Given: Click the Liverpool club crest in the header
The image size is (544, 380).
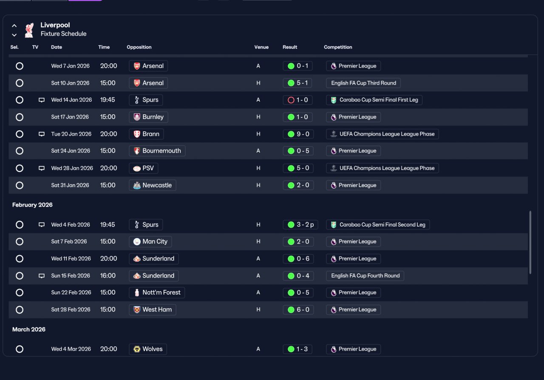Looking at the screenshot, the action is [x=29, y=30].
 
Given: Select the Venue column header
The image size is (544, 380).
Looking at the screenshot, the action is [x=261, y=47].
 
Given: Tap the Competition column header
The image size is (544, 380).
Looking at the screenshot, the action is [x=338, y=47].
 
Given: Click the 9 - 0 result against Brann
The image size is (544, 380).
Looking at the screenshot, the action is [x=298, y=134].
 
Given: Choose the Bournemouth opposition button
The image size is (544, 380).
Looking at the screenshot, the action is [x=157, y=151].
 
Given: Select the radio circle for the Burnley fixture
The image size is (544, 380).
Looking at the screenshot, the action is [x=20, y=117].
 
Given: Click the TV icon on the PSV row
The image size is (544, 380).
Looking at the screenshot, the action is [x=42, y=168].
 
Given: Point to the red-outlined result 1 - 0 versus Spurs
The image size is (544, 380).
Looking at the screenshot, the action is [x=297, y=100].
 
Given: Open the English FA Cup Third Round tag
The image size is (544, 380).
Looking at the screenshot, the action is [x=363, y=83].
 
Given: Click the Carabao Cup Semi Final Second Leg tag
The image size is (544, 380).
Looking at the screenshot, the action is [x=378, y=225].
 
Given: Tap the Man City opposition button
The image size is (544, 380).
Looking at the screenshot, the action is [x=150, y=242].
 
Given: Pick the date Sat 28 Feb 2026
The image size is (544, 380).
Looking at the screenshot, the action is [x=71, y=309].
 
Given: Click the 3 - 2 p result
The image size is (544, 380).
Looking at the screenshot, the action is [x=300, y=225].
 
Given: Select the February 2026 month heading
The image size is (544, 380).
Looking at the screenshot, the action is [x=32, y=205].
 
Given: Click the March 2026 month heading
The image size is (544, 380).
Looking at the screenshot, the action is [x=28, y=329].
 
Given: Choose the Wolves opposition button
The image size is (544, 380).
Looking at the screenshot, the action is [x=148, y=349].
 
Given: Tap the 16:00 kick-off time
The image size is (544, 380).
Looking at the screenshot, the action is [x=108, y=276].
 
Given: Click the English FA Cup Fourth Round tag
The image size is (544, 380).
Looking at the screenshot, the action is [x=365, y=276].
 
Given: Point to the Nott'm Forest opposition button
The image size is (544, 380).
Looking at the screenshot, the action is [x=157, y=292].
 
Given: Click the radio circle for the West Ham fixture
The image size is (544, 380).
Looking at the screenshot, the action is [x=20, y=310].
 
